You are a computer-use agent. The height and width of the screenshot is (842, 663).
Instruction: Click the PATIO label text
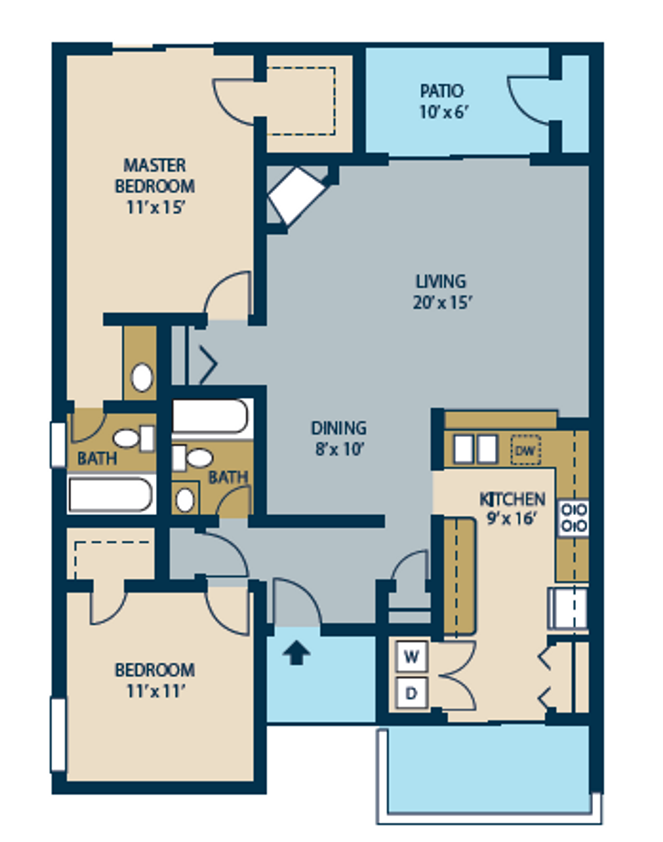(442, 91)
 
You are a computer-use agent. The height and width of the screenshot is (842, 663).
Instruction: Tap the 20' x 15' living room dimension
(442, 303)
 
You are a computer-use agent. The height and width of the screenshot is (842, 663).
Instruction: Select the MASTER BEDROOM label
(155, 176)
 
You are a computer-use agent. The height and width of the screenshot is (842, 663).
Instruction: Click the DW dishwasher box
(525, 450)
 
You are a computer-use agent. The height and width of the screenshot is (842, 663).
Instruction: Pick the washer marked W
(411, 656)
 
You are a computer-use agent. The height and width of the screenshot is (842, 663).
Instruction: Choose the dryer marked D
(411, 693)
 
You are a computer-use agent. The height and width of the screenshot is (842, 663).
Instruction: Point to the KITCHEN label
(512, 499)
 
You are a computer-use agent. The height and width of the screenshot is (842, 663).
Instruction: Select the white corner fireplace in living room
(297, 195)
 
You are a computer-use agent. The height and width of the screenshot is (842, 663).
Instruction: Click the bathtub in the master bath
(110, 494)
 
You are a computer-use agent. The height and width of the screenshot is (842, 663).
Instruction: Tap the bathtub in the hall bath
(210, 416)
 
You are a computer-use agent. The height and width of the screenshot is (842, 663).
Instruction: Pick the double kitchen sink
(475, 449)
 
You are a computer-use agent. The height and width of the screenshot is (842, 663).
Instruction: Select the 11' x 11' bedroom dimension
(155, 692)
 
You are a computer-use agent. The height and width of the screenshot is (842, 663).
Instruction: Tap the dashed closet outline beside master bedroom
(301, 101)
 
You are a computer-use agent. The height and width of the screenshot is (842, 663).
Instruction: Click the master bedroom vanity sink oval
(142, 377)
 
